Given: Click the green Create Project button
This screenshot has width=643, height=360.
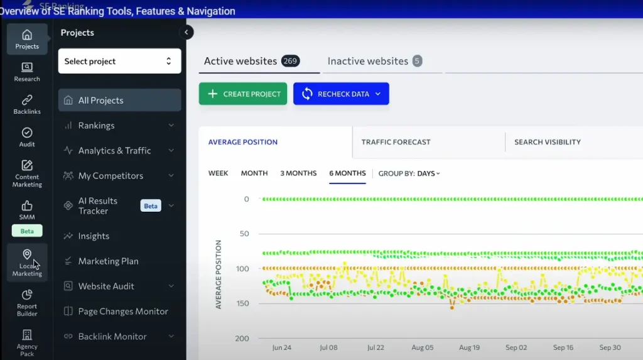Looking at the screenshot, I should click(243, 94).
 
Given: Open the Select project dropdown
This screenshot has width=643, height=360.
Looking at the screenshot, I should click(119, 61).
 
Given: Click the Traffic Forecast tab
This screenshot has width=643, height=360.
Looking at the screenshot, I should click(396, 142).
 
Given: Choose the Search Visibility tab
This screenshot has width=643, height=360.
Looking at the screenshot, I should click(547, 142).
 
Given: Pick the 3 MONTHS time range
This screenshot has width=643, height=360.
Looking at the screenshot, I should click(298, 173).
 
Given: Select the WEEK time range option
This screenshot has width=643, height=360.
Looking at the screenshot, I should click(218, 173).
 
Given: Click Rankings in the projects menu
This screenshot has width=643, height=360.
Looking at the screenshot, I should click(96, 126).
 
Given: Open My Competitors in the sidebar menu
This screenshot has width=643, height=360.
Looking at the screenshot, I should click(111, 176).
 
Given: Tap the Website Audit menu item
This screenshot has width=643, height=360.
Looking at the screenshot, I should click(106, 286).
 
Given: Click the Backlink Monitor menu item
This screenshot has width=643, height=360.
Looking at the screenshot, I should click(112, 337).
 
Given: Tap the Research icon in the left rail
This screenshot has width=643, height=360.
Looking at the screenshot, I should click(27, 72).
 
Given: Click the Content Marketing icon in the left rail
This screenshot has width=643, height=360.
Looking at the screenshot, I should click(27, 173).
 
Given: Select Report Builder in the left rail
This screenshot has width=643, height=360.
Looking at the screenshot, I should click(27, 302).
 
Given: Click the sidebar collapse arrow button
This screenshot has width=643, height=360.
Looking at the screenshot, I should click(186, 33).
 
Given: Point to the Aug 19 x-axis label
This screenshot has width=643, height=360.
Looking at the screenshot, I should click(469, 347).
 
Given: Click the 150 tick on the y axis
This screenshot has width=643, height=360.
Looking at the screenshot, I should click(242, 303).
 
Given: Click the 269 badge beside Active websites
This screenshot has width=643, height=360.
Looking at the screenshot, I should click(290, 61).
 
